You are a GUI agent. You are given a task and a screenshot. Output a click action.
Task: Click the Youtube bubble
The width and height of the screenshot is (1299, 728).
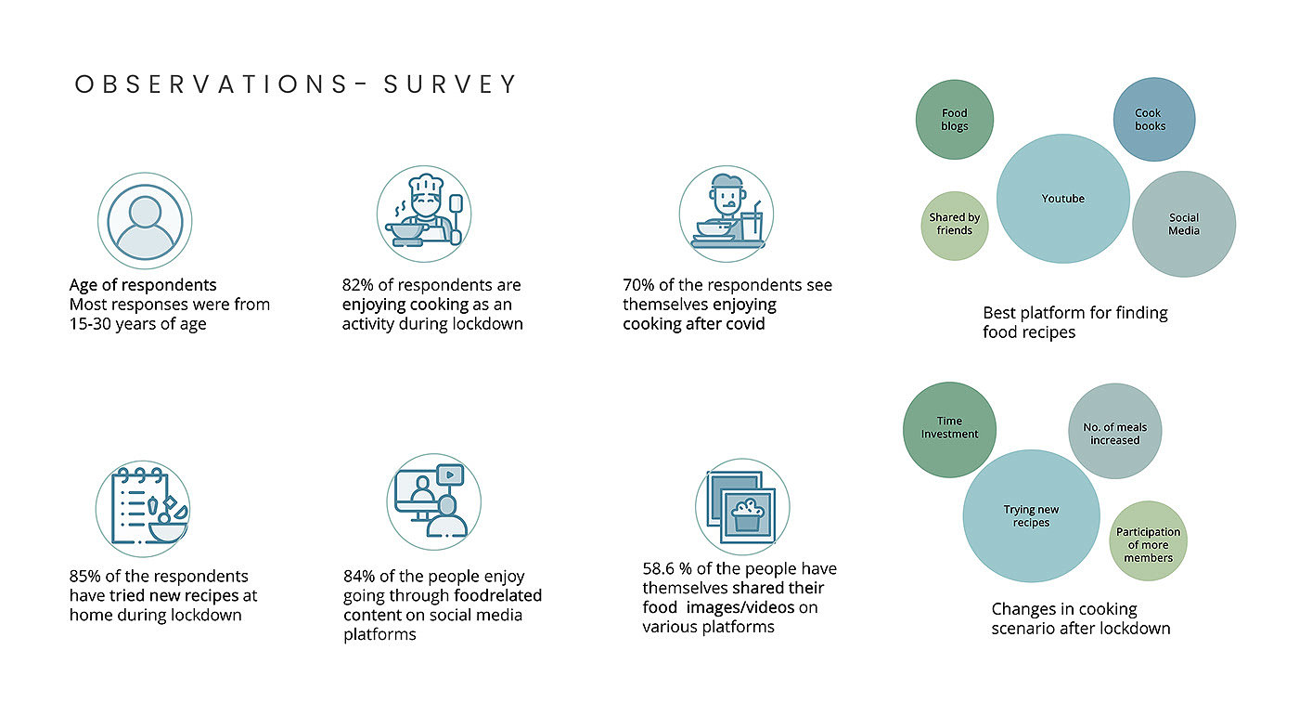tap(1063, 199)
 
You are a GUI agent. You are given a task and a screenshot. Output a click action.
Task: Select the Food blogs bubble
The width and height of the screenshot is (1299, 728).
tap(955, 120)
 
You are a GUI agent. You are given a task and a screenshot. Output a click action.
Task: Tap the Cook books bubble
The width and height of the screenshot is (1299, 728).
tap(1154, 120)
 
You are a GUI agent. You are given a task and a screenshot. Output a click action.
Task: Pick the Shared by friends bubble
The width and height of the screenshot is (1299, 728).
tap(955, 226)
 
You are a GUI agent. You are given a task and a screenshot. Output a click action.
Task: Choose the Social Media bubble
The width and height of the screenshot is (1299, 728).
tap(1184, 224)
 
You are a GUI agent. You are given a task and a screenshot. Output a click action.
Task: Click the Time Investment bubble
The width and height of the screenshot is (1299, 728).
tap(949, 430)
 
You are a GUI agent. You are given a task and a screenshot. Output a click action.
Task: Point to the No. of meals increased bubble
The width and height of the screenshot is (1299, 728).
tap(1114, 431)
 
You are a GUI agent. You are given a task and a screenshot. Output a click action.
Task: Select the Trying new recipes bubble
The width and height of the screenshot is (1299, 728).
tap(1031, 515)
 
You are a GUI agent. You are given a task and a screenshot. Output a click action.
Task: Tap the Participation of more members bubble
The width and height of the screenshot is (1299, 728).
tap(1149, 541)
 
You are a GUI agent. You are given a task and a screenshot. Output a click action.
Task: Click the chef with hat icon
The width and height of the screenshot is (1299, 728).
tap(424, 214)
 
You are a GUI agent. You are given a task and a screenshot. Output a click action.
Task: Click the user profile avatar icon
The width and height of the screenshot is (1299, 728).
tap(145, 221)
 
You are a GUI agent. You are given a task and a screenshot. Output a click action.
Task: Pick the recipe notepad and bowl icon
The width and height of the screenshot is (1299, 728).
tap(143, 508)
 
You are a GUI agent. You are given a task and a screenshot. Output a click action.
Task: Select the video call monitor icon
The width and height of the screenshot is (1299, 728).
tap(434, 501)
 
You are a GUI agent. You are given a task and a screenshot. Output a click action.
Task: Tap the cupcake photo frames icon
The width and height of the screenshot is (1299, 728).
tap(742, 506)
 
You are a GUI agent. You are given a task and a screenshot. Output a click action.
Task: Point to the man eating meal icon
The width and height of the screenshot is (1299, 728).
tap(726, 214)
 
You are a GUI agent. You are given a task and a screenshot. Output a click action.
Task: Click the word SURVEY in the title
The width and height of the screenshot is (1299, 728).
tap(450, 84)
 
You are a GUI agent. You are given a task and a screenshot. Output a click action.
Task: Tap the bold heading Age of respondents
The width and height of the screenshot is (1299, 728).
tap(143, 285)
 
